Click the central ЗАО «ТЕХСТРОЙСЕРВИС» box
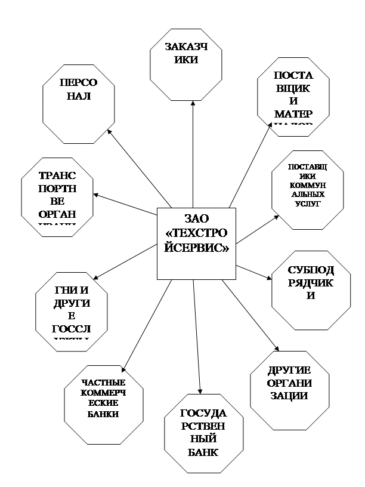click(196, 243)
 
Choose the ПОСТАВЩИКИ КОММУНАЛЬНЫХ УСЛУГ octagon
click(307, 190)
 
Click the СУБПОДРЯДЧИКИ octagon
click(307, 290)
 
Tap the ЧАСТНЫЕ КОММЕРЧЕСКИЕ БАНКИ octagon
click(100, 406)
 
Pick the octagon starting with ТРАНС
click(57, 198)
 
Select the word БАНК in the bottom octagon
click(203, 452)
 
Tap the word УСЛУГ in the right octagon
click(307, 204)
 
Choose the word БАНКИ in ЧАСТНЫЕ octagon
click(101, 414)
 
